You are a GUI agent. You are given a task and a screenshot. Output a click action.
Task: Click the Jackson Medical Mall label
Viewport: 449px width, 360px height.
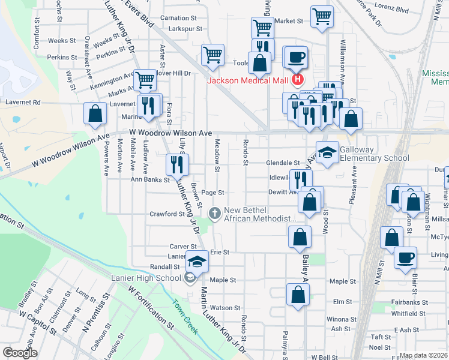coord(247,81)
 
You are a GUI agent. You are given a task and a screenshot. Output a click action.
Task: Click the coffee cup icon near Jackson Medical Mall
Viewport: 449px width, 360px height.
coord(297,58)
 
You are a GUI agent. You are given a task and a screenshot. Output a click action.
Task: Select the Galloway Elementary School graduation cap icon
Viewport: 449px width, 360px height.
coord(328,154)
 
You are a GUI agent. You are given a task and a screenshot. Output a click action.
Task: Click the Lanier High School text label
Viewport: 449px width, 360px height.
coord(146,277)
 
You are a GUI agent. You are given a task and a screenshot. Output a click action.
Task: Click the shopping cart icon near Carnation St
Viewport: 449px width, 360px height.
coord(212,55)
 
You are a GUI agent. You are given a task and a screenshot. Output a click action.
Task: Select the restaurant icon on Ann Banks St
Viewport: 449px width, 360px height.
coord(177,164)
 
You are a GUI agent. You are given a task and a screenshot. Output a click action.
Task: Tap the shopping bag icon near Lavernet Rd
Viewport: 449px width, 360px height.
coord(95,113)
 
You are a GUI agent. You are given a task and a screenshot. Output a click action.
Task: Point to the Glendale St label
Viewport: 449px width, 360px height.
coord(283,163)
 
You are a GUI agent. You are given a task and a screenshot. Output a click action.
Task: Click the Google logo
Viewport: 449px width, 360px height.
coord(19,353)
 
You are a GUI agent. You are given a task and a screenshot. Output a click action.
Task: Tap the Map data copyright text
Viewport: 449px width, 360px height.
coord(424,355)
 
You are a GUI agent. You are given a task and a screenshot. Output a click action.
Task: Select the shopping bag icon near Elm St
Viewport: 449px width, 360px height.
coord(298,295)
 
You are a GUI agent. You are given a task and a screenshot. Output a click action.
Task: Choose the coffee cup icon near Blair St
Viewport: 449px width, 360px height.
coord(405,257)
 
